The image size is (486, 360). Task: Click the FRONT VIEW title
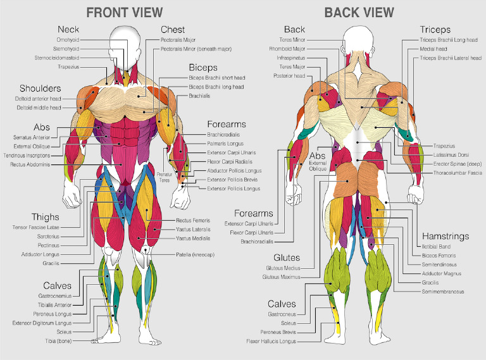point(124,12)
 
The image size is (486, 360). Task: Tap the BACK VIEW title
point(359,12)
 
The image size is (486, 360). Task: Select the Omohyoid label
point(68,39)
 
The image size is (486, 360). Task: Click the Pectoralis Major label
point(178,39)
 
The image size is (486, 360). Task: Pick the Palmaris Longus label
point(225,144)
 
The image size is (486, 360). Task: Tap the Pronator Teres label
point(165,177)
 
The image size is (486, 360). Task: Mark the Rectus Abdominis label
point(30,164)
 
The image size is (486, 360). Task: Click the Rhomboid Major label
point(287,48)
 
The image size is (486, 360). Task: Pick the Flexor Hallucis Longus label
point(271,341)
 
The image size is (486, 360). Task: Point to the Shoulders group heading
point(40,88)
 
